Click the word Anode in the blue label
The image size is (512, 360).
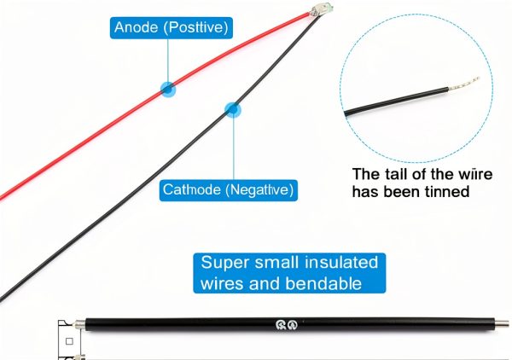tap(137, 27)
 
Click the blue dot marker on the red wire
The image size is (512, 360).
tap(168, 89)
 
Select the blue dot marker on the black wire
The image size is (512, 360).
tap(233, 110)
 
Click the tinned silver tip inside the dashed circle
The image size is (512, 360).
tap(463, 84)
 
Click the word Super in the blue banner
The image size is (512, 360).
tap(225, 263)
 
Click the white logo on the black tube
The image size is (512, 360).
tap(287, 325)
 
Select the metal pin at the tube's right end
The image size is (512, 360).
tap(503, 324)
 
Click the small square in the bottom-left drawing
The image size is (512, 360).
tap(69, 341)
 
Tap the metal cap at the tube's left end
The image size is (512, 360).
tap(80, 325)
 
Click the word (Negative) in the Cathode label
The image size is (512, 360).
tap(259, 189)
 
